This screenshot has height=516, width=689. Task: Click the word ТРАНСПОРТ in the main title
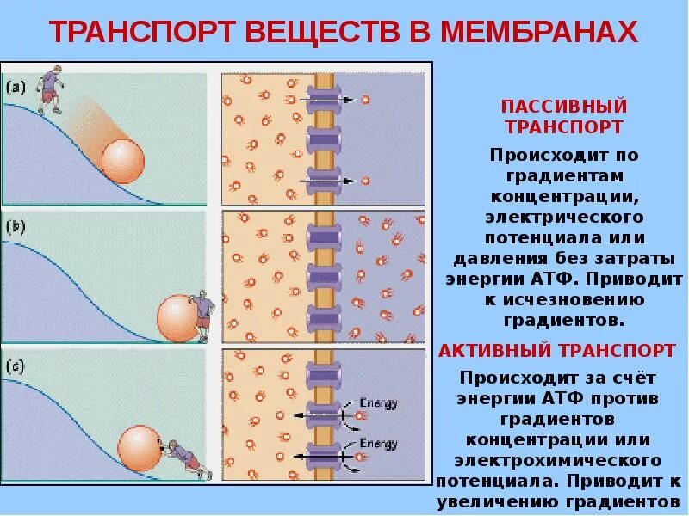pyautogui.click(x=143, y=33)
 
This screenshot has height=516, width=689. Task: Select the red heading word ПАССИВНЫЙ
pyautogui.click(x=564, y=107)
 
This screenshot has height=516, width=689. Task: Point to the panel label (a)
pyautogui.click(x=16, y=87)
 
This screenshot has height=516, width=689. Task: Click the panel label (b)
pyautogui.click(x=16, y=228)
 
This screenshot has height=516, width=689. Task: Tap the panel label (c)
pyautogui.click(x=16, y=365)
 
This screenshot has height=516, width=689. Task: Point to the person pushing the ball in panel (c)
pyautogui.click(x=184, y=457)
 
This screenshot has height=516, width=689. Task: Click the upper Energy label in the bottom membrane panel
pyautogui.click(x=378, y=402)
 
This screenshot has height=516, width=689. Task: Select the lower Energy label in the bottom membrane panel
pyautogui.click(x=378, y=445)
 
